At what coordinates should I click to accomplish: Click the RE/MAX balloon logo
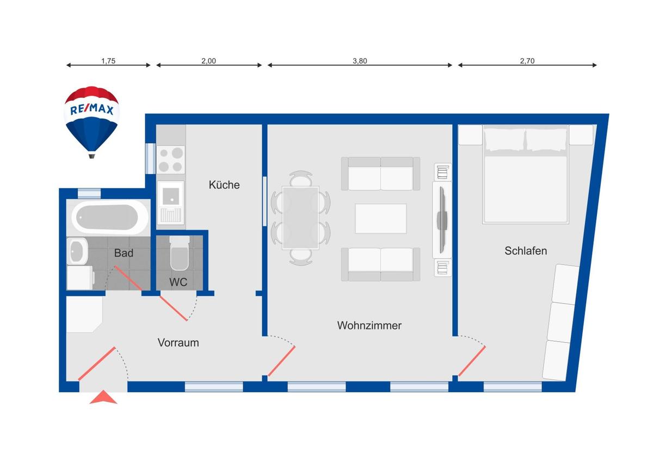tap(91, 122)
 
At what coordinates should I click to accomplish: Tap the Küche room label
tap(224, 185)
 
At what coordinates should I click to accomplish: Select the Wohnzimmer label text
tap(369, 325)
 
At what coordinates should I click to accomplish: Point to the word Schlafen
tap(526, 251)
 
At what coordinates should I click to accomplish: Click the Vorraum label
tap(178, 343)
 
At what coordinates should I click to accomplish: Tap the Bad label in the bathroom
tap(124, 253)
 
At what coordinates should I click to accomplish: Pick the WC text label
tap(178, 282)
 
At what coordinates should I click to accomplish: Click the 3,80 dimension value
tap(360, 61)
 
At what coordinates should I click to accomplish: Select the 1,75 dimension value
tap(108, 61)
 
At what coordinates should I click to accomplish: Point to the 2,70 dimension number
tap(527, 61)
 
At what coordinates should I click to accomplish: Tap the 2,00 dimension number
tap(209, 61)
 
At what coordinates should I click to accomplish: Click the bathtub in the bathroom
tap(110, 217)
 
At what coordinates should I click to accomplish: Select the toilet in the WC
tap(179, 253)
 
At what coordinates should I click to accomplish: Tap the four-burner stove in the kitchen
tap(171, 160)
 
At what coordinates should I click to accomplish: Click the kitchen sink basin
tap(171, 196)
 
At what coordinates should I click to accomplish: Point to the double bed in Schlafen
tap(525, 174)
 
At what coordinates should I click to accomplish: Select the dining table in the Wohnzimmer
tap(300, 218)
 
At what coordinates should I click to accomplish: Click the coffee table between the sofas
tap(381, 219)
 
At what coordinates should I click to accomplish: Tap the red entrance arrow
tap(103, 397)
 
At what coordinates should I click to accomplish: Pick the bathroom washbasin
tap(77, 251)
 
